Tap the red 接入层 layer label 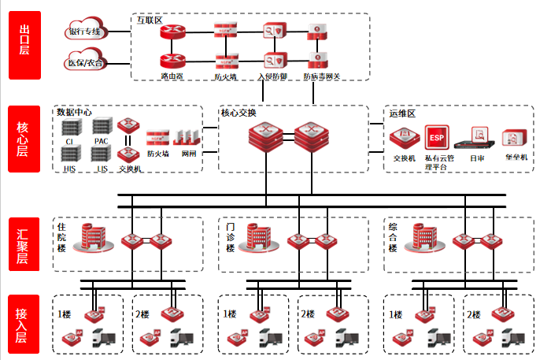point(24,323)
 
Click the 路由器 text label point(172,76)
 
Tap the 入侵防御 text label point(273,76)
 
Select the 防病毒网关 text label point(321,76)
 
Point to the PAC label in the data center point(102,141)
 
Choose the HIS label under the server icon point(69,169)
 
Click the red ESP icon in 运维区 point(435,139)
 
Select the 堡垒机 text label point(516,158)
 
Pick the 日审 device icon point(477,139)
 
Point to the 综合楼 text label point(393,238)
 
